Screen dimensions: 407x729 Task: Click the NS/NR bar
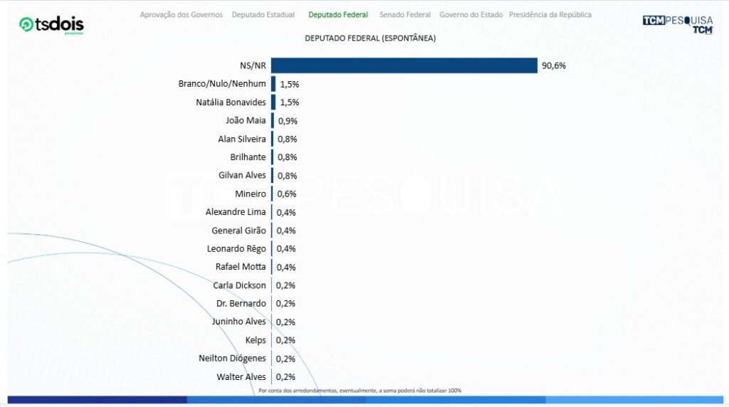click(404, 65)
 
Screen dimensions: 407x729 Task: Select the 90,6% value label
click(554, 65)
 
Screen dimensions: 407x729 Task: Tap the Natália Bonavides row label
click(231, 102)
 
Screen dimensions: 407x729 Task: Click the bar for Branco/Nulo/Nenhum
click(273, 84)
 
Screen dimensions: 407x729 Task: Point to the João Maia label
click(246, 120)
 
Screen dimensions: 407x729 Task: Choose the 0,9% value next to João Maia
click(288, 121)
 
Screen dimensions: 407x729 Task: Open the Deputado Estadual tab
click(263, 15)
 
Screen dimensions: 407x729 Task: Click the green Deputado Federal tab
click(338, 15)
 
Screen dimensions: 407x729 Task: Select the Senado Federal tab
click(405, 15)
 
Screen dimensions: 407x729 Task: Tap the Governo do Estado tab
click(471, 15)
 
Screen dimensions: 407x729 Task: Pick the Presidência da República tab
click(550, 15)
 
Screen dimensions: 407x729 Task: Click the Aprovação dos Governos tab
click(181, 15)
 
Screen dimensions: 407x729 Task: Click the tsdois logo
click(51, 25)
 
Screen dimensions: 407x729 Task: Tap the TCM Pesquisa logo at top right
click(677, 24)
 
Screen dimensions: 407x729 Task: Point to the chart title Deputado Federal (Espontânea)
click(370, 38)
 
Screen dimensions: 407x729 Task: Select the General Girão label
click(238, 231)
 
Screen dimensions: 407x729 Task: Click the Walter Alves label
click(241, 376)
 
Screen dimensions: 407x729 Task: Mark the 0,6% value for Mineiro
click(287, 194)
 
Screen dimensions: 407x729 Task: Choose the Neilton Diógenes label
click(232, 359)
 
